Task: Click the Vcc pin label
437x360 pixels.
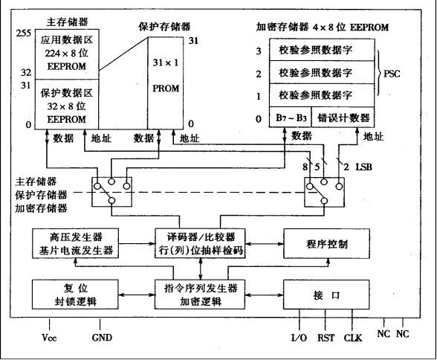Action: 49,338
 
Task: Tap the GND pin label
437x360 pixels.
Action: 102,338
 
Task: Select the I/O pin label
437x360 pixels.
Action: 299,338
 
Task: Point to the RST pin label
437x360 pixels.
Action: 326,338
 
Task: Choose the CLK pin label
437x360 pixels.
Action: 352,338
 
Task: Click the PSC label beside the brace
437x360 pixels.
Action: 392,74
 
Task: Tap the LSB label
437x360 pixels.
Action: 363,167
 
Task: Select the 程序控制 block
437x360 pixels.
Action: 327,243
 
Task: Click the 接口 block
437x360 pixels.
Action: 326,295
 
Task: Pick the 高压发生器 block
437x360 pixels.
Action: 75,243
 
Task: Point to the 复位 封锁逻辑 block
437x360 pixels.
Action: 75,295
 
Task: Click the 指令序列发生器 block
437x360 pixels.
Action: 200,295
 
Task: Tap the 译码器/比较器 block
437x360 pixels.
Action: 200,243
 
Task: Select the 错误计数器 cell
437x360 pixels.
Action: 343,117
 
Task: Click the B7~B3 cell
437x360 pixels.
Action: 290,117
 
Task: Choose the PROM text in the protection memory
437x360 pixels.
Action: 166,89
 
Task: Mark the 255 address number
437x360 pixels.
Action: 24,33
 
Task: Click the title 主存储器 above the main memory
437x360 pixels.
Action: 67,22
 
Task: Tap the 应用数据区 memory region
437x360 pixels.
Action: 67,54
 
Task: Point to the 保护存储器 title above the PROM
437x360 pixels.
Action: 164,27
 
